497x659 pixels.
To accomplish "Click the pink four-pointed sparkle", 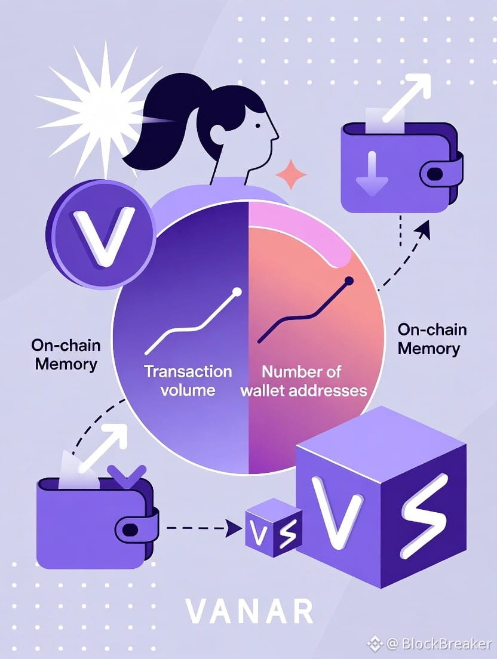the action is [x=291, y=175].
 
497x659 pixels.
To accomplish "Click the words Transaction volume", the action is [x=188, y=380].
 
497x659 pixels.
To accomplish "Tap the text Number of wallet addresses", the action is [x=303, y=381].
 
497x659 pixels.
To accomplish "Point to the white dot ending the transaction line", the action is [x=237, y=292].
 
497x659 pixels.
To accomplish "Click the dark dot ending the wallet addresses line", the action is [x=348, y=280].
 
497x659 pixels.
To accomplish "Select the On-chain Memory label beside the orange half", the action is [x=429, y=338].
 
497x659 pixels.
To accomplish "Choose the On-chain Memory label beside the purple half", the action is [x=66, y=355].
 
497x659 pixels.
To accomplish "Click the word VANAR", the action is [x=248, y=611].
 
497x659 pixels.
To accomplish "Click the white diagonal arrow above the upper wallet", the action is [x=409, y=96].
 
